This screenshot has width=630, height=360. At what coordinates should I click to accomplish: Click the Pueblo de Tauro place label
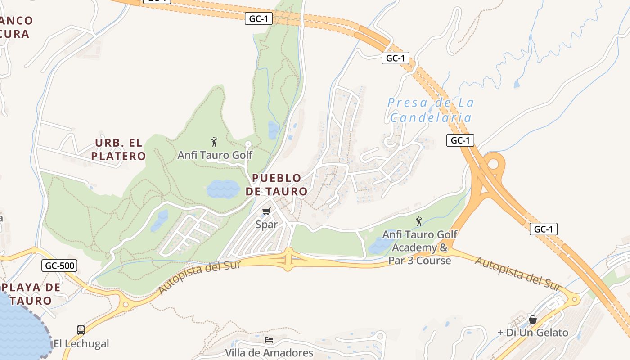coord(276,184)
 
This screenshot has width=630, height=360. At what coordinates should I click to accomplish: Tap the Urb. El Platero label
coord(118,149)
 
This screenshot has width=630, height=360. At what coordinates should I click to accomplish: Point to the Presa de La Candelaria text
coord(431,110)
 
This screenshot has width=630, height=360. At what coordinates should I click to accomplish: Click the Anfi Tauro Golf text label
coord(215,155)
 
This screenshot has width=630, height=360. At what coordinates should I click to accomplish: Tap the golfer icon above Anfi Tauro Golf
coord(214,142)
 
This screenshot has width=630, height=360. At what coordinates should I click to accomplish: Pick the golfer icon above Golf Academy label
coord(419,221)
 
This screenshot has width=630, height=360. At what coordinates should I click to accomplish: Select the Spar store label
coord(266,224)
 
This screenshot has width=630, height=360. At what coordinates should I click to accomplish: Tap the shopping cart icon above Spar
coord(266,211)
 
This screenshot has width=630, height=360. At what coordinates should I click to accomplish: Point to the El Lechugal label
coord(81,344)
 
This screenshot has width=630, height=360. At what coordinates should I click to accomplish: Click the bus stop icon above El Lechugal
coord(81,330)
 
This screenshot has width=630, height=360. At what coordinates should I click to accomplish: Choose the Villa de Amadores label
coord(269,352)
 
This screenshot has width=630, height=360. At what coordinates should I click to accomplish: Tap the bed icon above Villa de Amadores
coord(269,339)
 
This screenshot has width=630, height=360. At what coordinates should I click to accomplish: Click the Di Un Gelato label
coord(533,333)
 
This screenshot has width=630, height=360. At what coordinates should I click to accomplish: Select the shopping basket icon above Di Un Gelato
coord(533,320)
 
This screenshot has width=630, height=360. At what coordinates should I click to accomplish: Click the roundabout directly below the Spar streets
coord(288,260)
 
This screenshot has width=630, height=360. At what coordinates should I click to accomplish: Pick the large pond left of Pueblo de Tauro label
coord(223,189)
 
